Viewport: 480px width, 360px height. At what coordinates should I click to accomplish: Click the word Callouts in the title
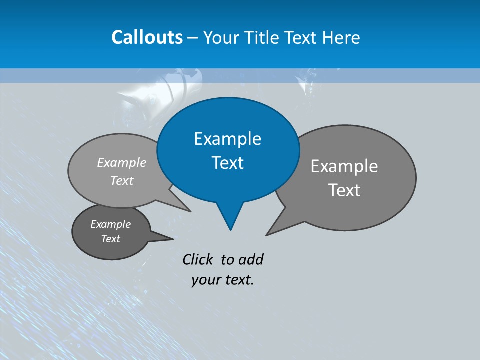coord(147,37)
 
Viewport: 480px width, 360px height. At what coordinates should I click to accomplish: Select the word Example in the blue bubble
coord(227,139)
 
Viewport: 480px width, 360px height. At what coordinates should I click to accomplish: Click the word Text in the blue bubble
coord(227,163)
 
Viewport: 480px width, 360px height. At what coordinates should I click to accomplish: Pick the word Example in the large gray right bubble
coord(344,166)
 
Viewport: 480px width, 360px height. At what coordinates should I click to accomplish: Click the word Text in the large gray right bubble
coord(344,190)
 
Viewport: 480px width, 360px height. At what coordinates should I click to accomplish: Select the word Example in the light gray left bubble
coord(122,162)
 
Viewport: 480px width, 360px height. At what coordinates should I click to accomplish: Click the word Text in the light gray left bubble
coord(122,180)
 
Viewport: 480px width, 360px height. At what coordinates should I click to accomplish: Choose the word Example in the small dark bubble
coord(110,224)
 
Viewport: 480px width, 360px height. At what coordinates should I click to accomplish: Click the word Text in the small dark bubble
coord(110,239)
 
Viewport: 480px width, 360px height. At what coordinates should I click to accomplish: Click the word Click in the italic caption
coord(199,259)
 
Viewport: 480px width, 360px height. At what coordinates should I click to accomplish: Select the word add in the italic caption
coord(251,259)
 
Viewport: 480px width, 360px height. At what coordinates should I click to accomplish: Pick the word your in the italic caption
coord(205,280)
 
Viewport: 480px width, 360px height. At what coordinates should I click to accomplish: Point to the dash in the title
coord(193,38)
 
